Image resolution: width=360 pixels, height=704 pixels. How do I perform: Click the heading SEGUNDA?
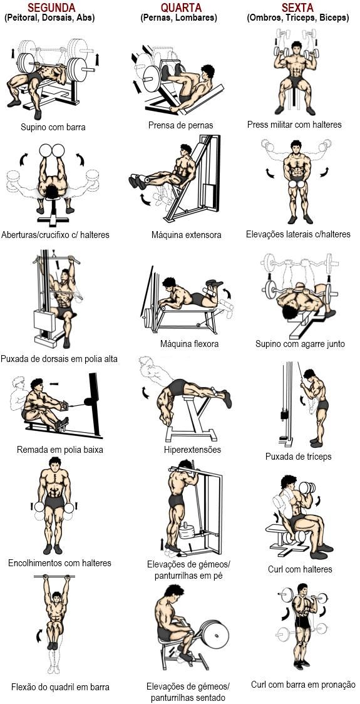click(51, 7)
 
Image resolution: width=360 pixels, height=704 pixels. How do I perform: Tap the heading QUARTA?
click(182, 7)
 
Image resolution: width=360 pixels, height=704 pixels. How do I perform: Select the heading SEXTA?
click(297, 7)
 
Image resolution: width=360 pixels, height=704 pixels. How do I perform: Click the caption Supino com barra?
click(53, 127)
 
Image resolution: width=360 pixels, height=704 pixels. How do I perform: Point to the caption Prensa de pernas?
click(181, 125)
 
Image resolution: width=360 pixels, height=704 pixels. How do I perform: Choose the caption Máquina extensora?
click(187, 235)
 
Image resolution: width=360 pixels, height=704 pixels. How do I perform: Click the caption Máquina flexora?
click(190, 344)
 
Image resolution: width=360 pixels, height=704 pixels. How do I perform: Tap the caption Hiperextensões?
click(192, 450)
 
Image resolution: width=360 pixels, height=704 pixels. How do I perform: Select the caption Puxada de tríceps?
click(299, 457)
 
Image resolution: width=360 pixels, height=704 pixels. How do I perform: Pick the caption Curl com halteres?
click(300, 569)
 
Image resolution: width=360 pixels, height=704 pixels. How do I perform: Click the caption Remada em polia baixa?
click(59, 450)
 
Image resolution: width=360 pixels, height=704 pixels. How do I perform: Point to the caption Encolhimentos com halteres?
click(59, 562)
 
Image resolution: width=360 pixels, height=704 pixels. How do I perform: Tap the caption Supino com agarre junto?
click(301, 344)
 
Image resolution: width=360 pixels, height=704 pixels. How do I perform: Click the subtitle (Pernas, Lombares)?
click(178, 18)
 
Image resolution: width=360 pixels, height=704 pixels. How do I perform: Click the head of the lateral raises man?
click(296, 147)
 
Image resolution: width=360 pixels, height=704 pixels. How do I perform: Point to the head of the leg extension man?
click(187, 150)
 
